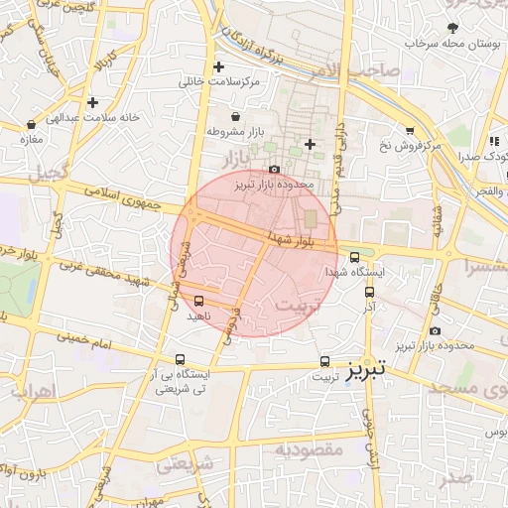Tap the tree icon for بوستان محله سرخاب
point(452,27)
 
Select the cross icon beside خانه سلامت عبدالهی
point(92,102)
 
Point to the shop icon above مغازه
point(32,125)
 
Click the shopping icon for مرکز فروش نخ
point(409,130)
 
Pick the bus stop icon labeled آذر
point(369,293)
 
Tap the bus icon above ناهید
point(199,300)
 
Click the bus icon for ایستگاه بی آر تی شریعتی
point(180,359)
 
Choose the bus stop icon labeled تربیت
point(324,362)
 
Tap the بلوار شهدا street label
point(292,239)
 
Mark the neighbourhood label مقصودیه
point(309,450)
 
